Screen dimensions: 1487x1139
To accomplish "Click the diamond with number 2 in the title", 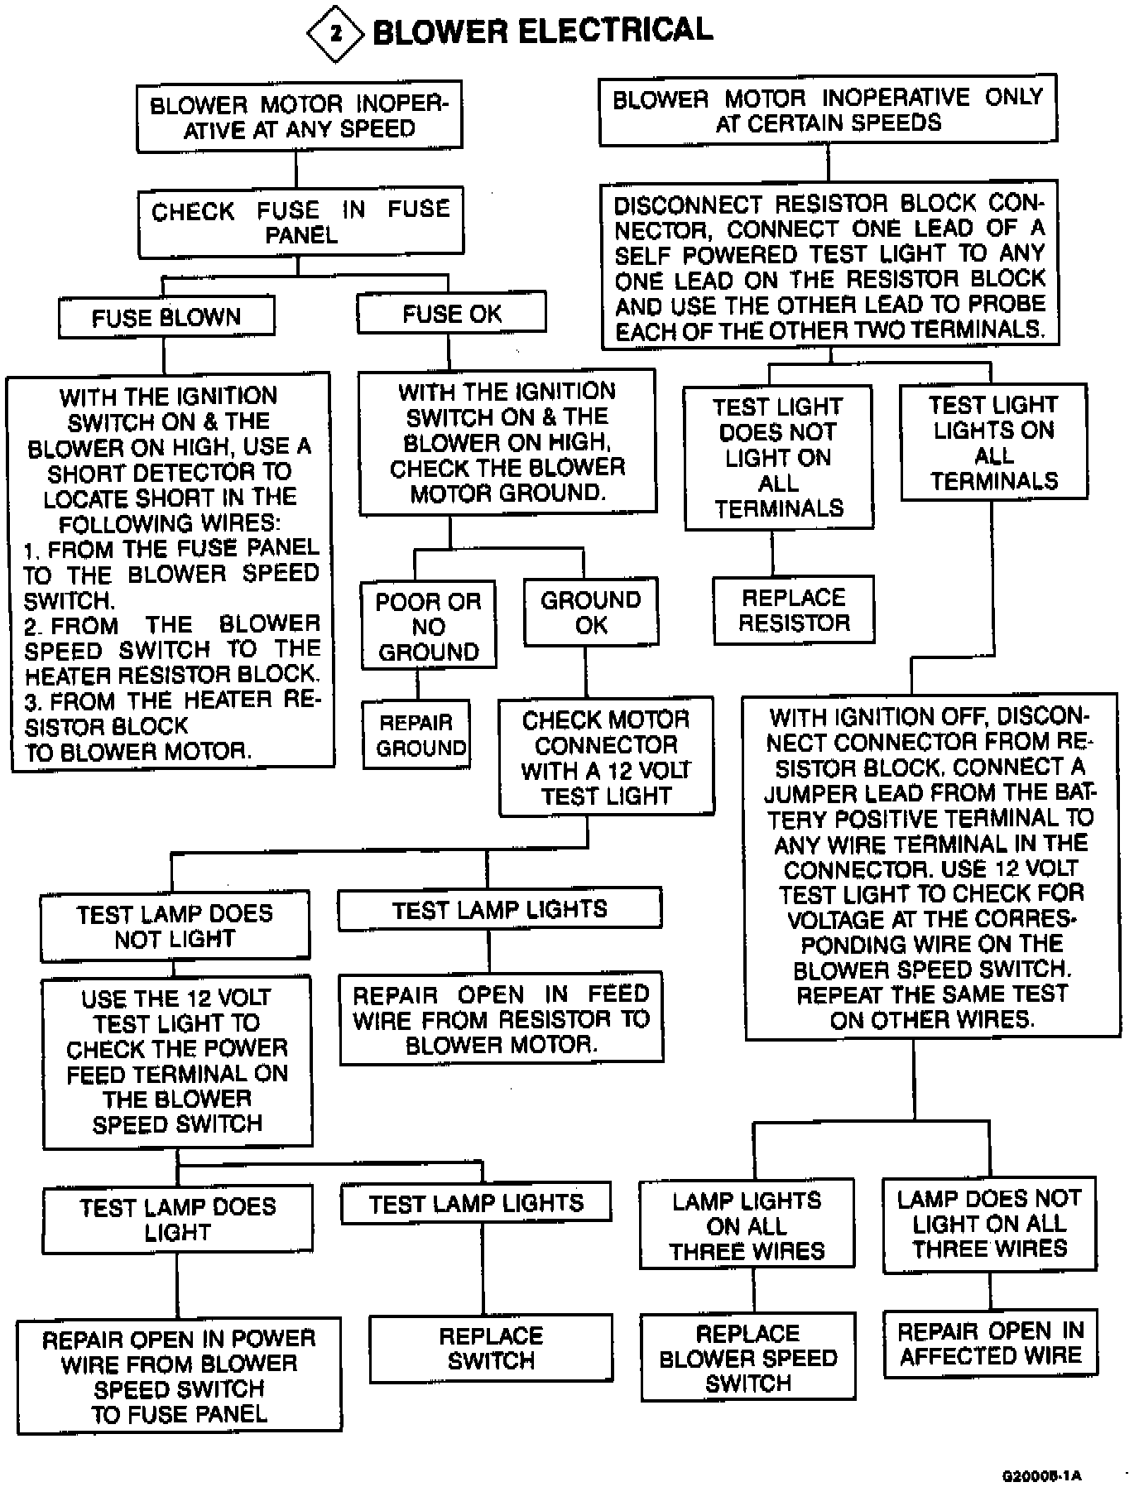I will (334, 34).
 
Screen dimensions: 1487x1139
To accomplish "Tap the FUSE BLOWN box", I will (166, 317).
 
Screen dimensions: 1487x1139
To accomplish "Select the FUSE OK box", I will (451, 314).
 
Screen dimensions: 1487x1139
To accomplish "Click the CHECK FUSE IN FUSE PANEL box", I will (300, 222).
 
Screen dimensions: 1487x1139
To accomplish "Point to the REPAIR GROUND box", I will (416, 735).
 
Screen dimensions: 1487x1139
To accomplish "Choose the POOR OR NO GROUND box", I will (428, 626).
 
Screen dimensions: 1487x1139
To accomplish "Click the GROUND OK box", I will (591, 613).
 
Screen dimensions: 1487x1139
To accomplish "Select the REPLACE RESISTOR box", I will (793, 610).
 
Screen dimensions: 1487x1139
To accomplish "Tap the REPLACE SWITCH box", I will (491, 1349).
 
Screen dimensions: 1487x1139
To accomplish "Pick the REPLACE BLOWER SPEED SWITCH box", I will (747, 1357).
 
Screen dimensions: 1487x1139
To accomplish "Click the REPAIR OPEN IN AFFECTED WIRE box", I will (990, 1343).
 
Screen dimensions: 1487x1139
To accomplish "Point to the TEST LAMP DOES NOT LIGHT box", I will (175, 926).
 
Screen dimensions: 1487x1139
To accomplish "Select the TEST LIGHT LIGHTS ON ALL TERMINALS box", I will (993, 442).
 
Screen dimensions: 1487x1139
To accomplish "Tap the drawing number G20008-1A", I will (1041, 1475).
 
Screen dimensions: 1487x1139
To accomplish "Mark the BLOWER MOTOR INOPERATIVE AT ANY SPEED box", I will (299, 117).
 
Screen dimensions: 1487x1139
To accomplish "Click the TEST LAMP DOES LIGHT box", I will (177, 1219).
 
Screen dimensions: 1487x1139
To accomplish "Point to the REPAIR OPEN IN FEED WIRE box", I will (501, 1018).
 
